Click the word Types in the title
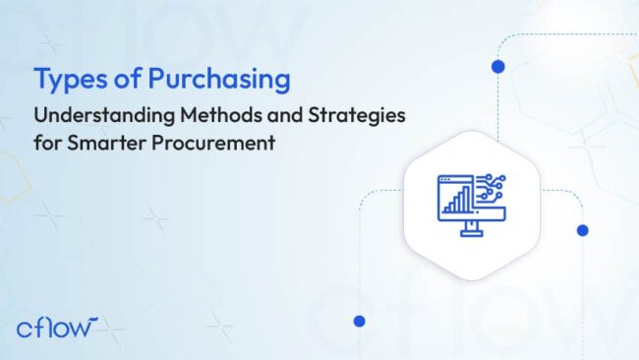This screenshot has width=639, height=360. point(64,79)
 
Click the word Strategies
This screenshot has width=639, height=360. point(355,116)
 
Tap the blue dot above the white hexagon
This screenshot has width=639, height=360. point(497,67)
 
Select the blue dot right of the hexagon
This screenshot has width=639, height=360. point(582,230)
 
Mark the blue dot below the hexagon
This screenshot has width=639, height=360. point(359,321)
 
